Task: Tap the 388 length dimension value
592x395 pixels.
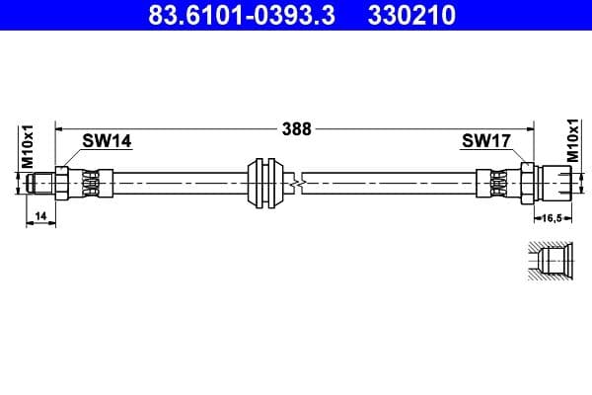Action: point(296,128)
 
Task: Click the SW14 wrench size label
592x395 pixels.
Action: point(106,140)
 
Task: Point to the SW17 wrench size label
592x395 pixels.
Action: point(485,140)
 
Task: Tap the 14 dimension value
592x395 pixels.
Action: point(40,215)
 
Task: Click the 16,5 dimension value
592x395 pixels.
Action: point(549,217)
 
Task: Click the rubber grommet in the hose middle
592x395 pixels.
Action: point(265,182)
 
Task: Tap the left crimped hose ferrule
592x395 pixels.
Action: point(92,183)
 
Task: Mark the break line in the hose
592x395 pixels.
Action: point(300,182)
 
